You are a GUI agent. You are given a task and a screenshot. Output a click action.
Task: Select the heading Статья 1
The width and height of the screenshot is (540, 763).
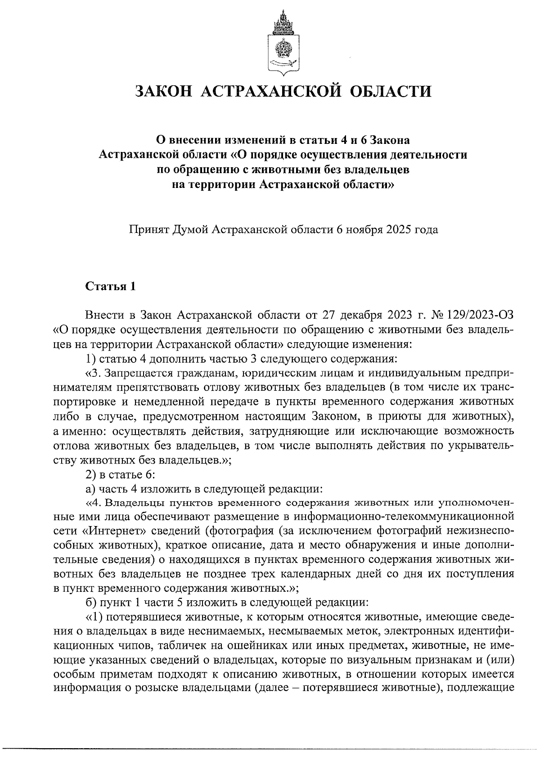click(x=110, y=286)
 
